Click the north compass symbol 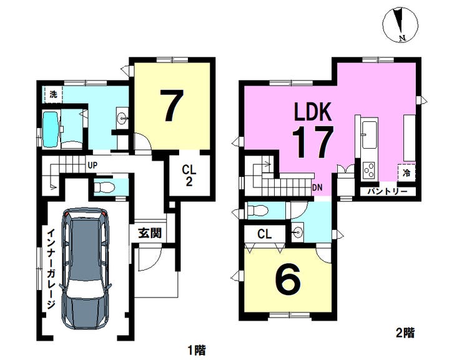400,24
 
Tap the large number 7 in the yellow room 172,105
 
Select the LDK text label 313,111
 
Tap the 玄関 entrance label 150,233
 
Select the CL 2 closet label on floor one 189,176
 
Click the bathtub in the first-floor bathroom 51,129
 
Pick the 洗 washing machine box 53,95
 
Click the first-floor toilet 104,187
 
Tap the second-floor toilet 257,211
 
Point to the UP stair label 92,166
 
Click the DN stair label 317,187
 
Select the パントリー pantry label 388,191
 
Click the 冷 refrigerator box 406,172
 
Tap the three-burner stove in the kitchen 369,171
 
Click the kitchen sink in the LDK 370,135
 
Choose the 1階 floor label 197,350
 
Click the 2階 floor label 405,333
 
